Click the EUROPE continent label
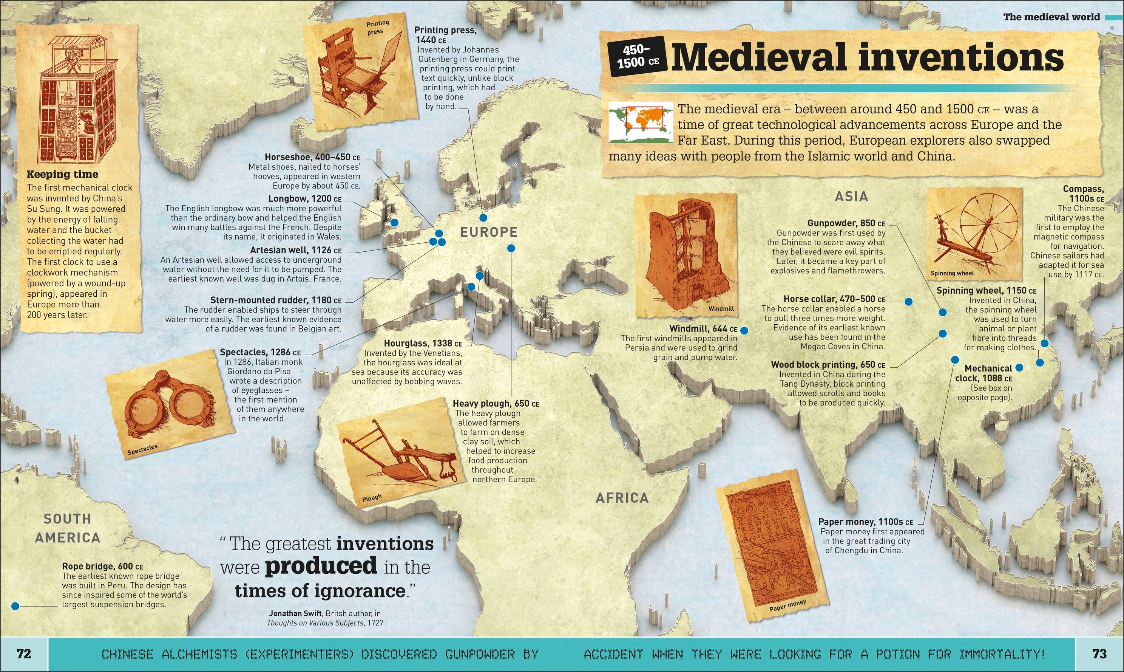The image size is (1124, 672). pyautogui.click(x=489, y=232)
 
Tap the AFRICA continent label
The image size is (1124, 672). pyautogui.click(x=622, y=498)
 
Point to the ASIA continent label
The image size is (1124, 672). pyautogui.click(x=852, y=197)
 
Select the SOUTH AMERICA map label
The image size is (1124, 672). pyautogui.click(x=68, y=528)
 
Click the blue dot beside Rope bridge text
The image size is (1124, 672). pyautogui.click(x=15, y=606)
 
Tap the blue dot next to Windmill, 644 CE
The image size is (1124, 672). pyautogui.click(x=744, y=331)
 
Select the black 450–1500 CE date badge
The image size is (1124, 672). pyautogui.click(x=636, y=57)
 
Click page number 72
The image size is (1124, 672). pyautogui.click(x=23, y=654)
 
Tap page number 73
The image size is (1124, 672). pyautogui.click(x=1099, y=654)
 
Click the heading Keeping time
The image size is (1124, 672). pyautogui.click(x=62, y=174)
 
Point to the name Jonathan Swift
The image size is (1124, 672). pyautogui.click(x=295, y=613)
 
